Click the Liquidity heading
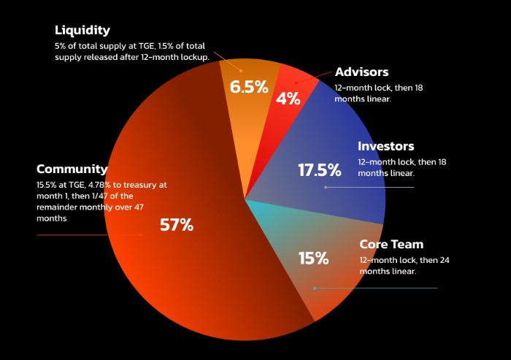pyautogui.click(x=82, y=31)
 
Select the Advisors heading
pyautogui.click(x=361, y=72)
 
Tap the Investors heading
pyautogui.click(x=385, y=147)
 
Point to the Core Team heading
pyautogui.click(x=391, y=244)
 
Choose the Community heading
pyautogui.click(x=72, y=169)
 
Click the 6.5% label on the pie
pyautogui.click(x=249, y=87)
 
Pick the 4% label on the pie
pyautogui.click(x=289, y=99)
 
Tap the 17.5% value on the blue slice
pyautogui.click(x=320, y=171)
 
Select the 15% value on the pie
pyautogui.click(x=313, y=258)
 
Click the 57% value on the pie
pyautogui.click(x=177, y=225)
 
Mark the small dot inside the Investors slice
pyautogui.click(x=326, y=188)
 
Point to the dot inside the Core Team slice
pyautogui.click(x=314, y=288)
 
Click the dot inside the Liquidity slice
pyautogui.click(x=241, y=71)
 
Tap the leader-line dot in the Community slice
pyautogui.click(x=141, y=235)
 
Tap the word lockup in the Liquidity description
pyautogui.click(x=192, y=57)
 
